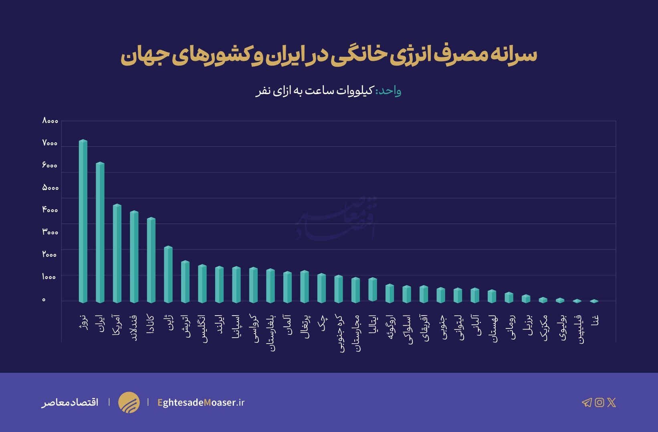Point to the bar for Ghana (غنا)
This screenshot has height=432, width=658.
pyautogui.click(x=594, y=301)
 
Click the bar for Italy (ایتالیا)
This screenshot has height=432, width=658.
pyautogui.click(x=373, y=290)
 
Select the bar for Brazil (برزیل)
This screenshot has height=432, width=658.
pyautogui.click(x=526, y=299)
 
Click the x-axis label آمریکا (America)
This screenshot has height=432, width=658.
pyautogui.click(x=117, y=324)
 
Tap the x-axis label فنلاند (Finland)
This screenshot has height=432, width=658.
pyautogui.click(x=134, y=328)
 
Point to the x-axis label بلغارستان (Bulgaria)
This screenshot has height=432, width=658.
pyautogui.click(x=271, y=333)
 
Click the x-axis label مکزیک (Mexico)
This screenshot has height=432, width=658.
pyautogui.click(x=544, y=328)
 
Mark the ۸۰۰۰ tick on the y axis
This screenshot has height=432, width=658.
pyautogui.click(x=50, y=121)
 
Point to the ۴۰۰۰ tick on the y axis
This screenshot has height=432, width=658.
pyautogui.click(x=50, y=210)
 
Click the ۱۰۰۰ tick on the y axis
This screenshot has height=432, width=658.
pyautogui.click(x=49, y=277)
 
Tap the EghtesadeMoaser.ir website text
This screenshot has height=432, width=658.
pyautogui.click(x=201, y=402)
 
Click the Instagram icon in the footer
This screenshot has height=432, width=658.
pyautogui.click(x=599, y=402)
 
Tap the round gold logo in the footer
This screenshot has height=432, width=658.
pyautogui.click(x=129, y=402)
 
